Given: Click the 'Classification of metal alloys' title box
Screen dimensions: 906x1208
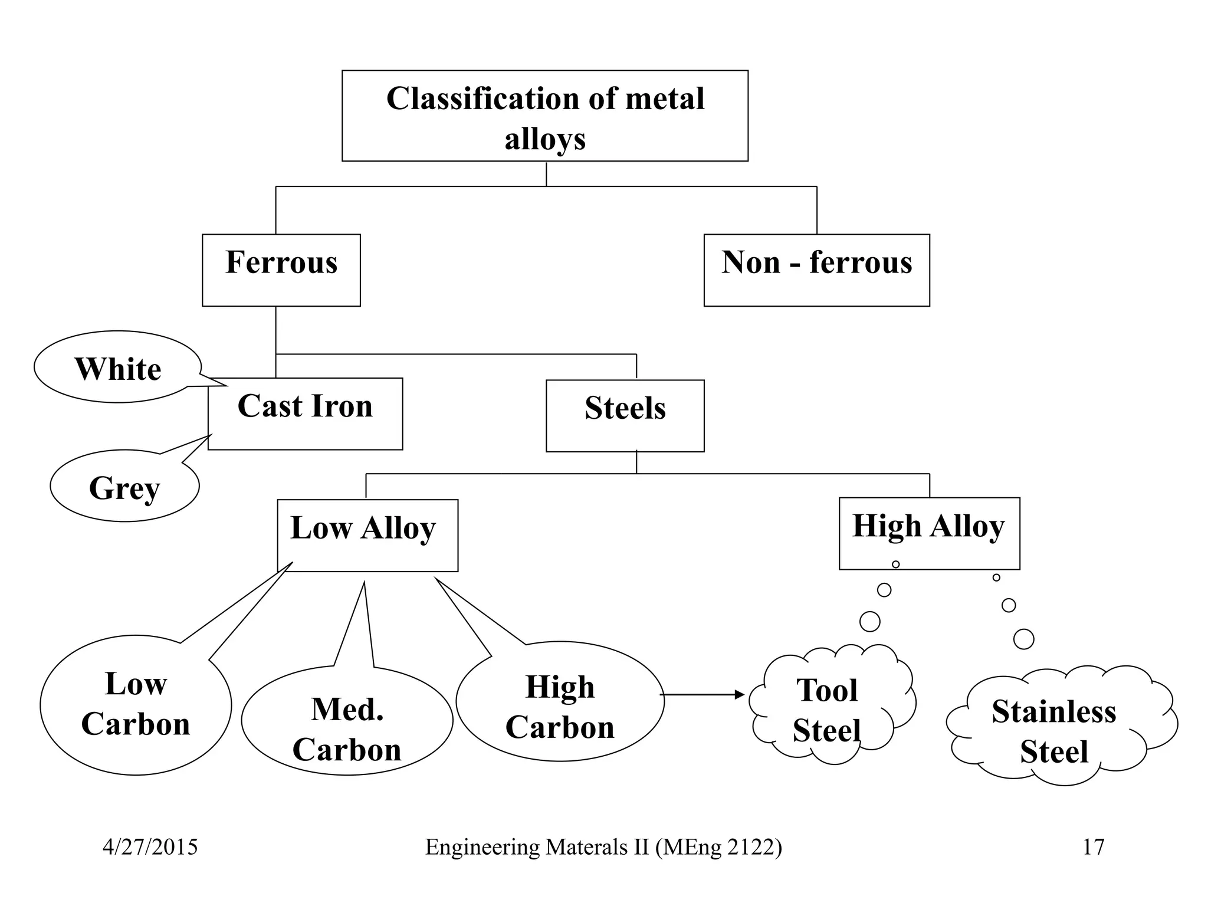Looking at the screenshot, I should point(545,116).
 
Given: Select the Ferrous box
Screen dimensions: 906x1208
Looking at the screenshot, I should point(281,270).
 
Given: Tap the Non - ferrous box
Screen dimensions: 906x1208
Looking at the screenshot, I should point(816,270).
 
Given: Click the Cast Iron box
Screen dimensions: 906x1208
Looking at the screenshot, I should point(305,413).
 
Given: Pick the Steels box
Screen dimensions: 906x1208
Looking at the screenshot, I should point(625,416).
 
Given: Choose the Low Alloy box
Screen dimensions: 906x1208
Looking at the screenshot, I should point(367,535).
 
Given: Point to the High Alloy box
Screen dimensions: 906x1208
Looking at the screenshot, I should point(929,533).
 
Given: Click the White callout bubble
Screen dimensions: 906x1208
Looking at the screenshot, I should point(117,367).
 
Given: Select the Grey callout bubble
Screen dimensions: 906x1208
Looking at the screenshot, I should point(124,487).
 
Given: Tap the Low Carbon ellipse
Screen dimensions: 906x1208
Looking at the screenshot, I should point(136,705).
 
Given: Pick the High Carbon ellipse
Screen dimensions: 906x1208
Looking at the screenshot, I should point(560,702).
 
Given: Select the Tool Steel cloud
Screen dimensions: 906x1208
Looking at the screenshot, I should point(829,706).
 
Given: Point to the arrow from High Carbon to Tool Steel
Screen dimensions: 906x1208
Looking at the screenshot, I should point(702,695).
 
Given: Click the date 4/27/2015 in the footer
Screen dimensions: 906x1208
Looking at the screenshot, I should point(150,847).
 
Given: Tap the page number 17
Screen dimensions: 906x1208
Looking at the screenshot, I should point(1093,847).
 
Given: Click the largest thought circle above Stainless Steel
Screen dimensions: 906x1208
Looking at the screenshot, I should point(1023,639).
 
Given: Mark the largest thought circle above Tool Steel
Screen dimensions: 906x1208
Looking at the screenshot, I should point(870,621).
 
